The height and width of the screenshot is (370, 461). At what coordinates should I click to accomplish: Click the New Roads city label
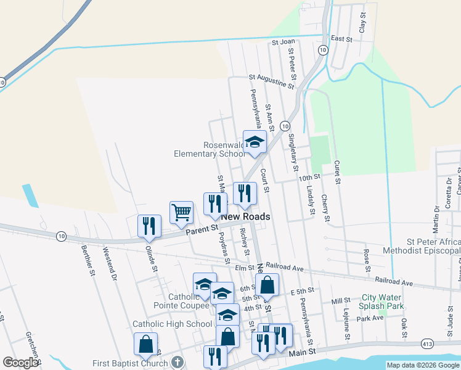245,217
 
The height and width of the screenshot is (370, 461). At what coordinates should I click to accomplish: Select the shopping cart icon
181,213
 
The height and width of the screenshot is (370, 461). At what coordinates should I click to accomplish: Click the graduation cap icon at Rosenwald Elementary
255,142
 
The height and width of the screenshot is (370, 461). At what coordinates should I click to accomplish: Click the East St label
341,39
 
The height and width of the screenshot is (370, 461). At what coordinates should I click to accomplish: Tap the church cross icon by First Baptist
177,363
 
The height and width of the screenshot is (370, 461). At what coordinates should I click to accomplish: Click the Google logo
20,363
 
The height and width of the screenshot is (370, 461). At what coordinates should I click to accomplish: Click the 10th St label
310,178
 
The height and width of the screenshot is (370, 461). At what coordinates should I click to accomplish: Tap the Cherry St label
325,208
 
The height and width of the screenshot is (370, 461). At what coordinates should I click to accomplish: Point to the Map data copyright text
422,365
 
